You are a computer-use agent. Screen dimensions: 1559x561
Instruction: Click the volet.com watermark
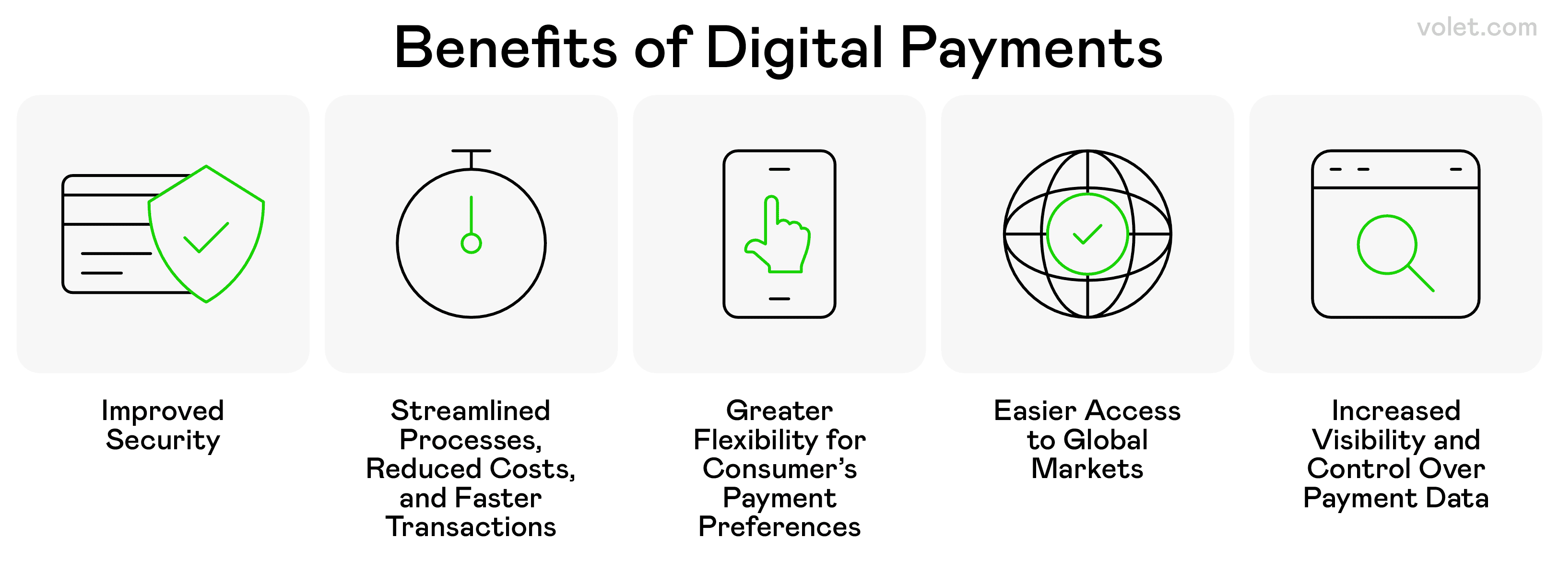[1476, 28]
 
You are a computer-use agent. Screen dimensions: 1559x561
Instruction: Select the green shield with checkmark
[206, 234]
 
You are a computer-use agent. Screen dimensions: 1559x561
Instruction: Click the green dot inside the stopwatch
[471, 243]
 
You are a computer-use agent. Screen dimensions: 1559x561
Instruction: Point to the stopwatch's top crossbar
[471, 151]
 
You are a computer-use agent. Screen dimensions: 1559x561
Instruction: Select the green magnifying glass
[1395, 253]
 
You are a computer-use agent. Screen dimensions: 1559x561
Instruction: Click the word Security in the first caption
[163, 440]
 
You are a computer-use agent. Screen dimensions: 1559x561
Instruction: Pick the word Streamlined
[471, 410]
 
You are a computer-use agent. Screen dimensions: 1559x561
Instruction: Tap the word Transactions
[471, 526]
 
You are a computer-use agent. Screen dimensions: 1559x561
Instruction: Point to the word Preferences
[779, 526]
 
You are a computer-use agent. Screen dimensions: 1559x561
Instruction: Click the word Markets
[1087, 468]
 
